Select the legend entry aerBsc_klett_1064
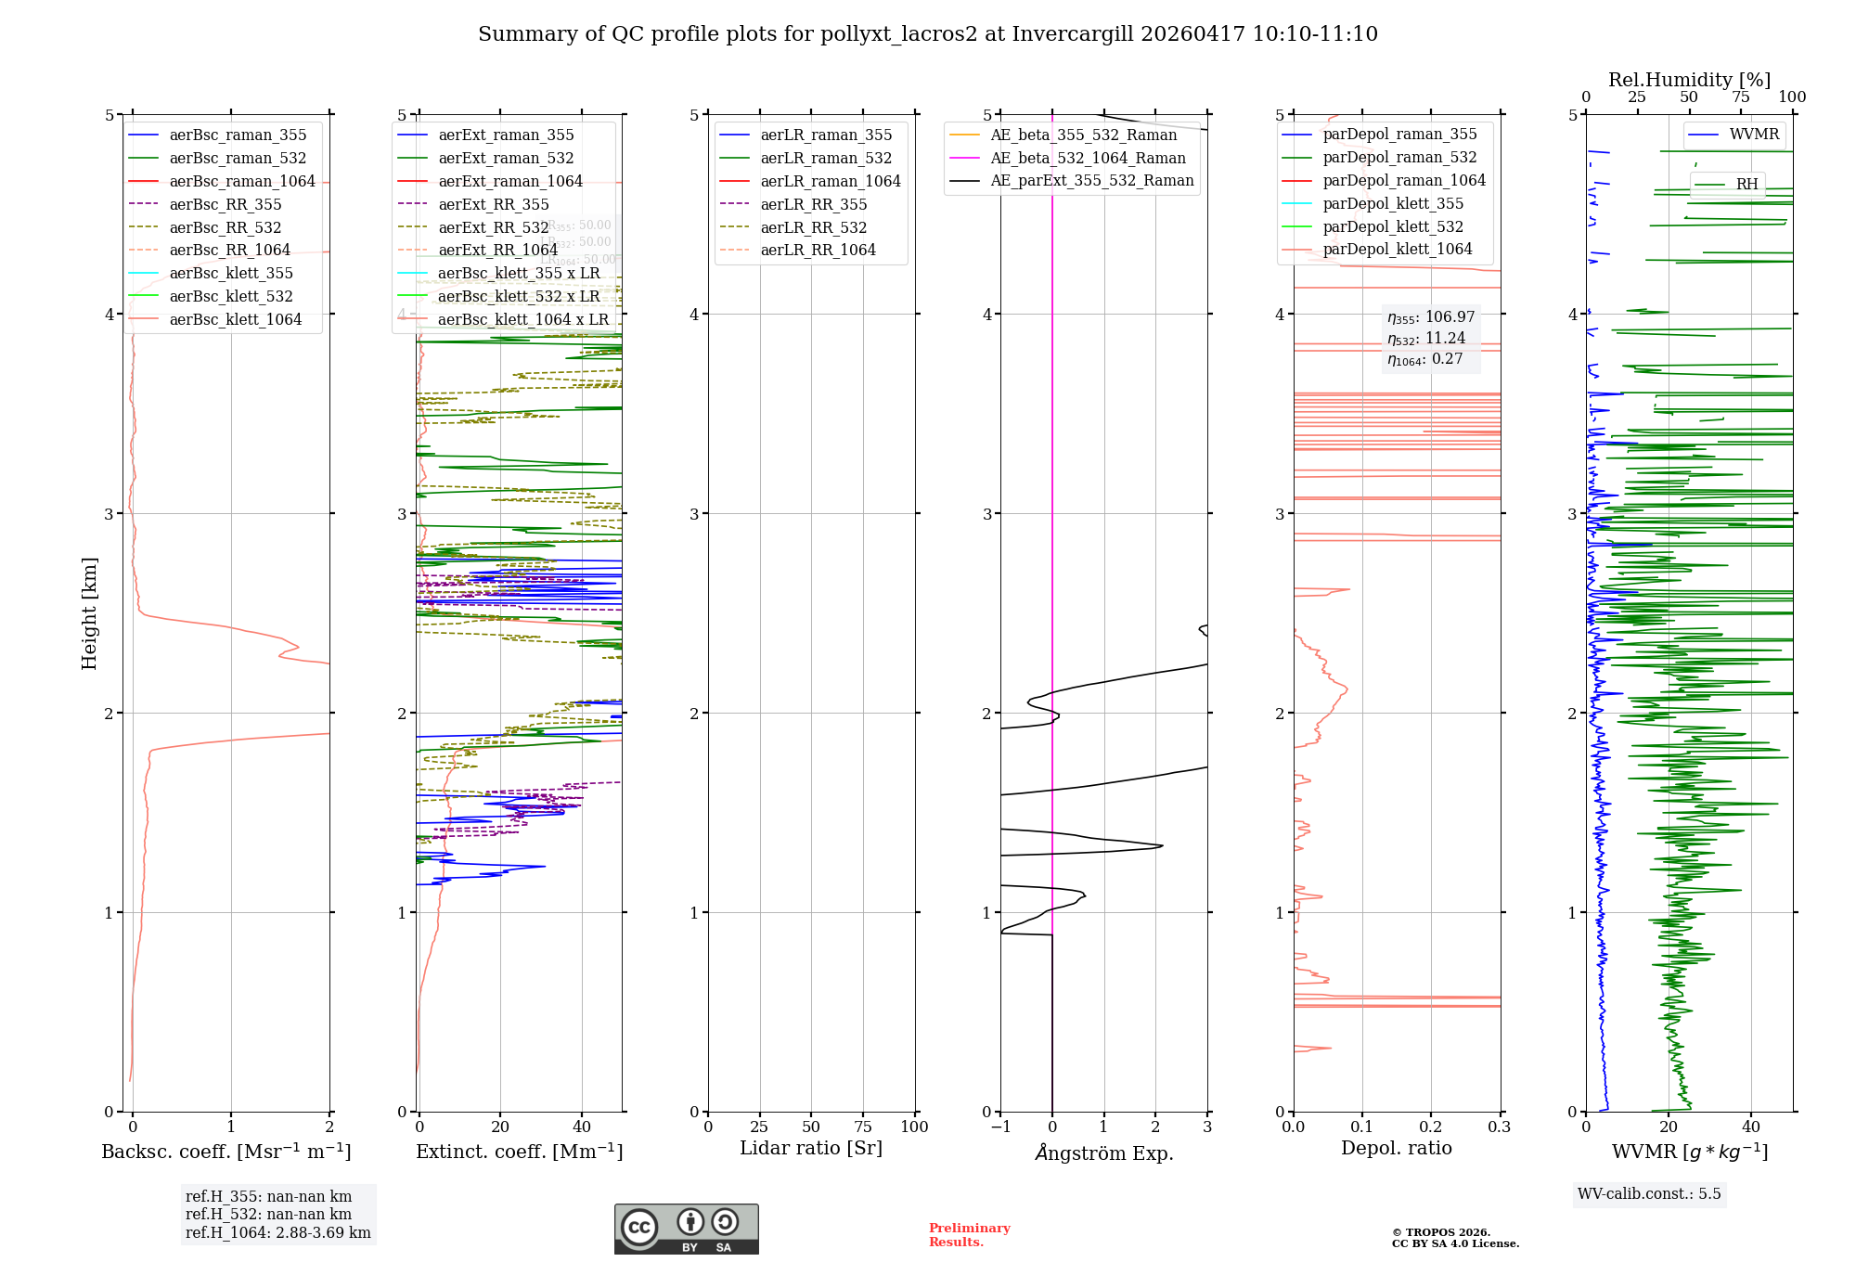click(235, 319)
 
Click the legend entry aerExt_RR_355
click(493, 204)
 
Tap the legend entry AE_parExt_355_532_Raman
click(1091, 180)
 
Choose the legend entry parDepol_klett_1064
click(1397, 249)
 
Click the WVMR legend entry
click(1753, 135)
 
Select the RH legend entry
click(1746, 184)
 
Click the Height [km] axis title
click(89, 612)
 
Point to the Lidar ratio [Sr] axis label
click(810, 1148)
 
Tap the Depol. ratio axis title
click(1396, 1148)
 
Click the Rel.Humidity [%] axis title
click(1689, 80)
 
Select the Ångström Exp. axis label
click(1103, 1153)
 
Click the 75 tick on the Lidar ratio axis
click(862, 1127)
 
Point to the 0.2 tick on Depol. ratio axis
click(1430, 1127)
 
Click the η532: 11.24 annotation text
click(1426, 339)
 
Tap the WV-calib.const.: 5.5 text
click(1648, 1193)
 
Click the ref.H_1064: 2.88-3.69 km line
click(277, 1232)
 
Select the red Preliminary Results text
click(969, 1234)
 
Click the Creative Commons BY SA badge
click(686, 1229)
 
